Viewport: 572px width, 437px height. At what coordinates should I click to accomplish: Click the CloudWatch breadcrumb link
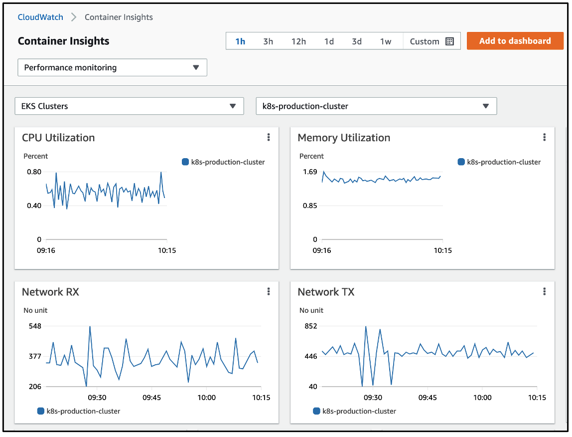coord(40,17)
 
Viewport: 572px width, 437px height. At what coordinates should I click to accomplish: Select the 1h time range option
coord(240,41)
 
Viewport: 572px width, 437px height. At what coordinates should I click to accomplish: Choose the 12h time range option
coord(298,41)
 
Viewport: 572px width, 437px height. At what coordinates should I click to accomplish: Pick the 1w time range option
coord(386,41)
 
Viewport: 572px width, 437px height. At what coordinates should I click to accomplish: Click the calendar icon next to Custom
coord(449,41)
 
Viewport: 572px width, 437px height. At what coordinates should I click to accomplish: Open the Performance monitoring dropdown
coord(112,67)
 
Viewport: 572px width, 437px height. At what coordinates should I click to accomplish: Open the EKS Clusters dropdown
coord(129,106)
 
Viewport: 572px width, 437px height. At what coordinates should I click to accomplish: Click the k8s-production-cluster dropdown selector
coord(376,106)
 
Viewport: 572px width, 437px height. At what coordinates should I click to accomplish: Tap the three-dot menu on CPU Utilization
coord(269,137)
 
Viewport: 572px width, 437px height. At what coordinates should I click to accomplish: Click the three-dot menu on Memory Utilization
coord(545,137)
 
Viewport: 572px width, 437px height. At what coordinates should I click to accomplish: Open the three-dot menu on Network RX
coord(269,291)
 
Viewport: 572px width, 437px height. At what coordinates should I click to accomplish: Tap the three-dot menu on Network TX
coord(545,291)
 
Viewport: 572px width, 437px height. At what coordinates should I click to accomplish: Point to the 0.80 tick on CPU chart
coord(34,172)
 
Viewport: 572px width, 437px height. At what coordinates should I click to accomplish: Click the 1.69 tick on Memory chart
coord(310,172)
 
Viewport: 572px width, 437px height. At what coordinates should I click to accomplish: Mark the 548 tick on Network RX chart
coord(35,326)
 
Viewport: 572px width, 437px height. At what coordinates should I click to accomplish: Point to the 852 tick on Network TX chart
coord(311,326)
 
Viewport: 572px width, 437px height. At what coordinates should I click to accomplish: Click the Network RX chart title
coord(50,292)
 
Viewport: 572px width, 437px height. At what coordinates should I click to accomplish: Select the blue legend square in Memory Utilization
coord(461,162)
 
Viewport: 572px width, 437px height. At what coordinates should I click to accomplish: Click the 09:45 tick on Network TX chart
coord(428,398)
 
